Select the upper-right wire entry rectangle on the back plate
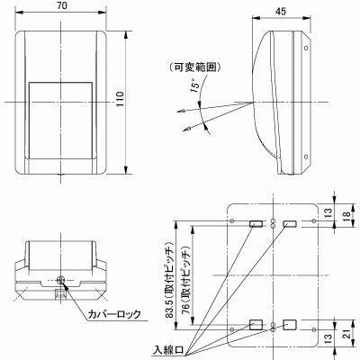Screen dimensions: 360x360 pos(291,222)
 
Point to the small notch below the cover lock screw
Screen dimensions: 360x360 pos(60,293)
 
